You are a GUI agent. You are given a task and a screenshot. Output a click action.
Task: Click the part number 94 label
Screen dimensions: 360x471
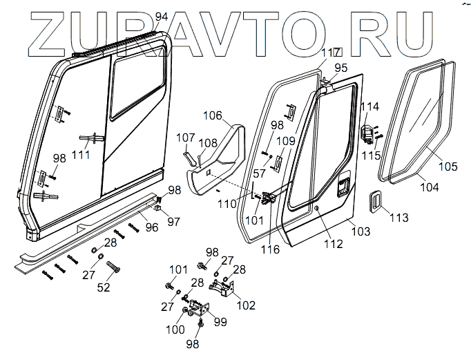tap(161, 16)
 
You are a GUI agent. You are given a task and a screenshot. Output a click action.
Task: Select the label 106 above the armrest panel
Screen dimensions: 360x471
tap(214, 115)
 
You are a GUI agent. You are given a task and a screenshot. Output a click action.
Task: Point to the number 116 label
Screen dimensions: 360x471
tap(270, 249)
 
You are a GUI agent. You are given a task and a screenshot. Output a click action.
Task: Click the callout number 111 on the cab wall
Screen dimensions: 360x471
tap(81, 154)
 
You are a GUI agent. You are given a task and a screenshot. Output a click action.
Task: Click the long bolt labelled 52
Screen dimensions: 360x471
tap(115, 266)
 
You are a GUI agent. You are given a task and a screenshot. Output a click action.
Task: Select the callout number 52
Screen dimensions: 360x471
tap(103, 287)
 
